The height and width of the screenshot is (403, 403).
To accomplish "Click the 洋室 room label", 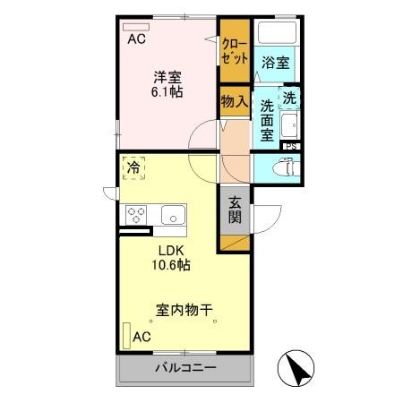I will click(x=167, y=76).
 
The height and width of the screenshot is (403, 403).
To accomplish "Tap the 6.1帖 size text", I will click(x=167, y=91).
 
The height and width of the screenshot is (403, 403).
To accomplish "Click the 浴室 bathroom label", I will click(x=275, y=63).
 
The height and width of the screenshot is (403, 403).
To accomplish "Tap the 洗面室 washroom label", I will click(x=267, y=120).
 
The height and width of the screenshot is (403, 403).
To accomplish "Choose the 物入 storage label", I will click(x=234, y=101).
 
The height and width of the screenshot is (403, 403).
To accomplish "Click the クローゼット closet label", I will click(x=234, y=50).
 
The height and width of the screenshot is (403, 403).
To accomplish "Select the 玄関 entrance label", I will click(x=234, y=210).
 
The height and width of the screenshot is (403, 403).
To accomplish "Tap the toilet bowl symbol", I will click(x=283, y=166).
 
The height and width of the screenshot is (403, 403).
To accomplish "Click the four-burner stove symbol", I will click(x=137, y=215).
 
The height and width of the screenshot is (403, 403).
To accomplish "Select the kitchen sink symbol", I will click(x=173, y=215).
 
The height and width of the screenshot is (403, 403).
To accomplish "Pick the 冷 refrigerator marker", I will click(x=133, y=167).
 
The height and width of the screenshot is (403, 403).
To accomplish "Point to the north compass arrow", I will click(x=298, y=367).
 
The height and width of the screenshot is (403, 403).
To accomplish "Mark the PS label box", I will click(x=290, y=145).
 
